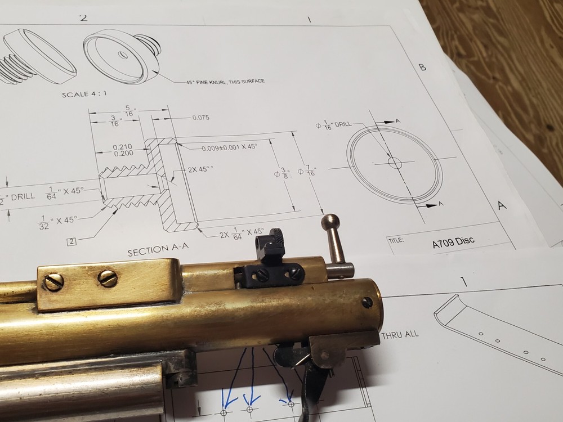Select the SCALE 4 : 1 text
tap(86, 94)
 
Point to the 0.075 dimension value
tap(200, 118)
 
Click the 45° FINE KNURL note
tap(225, 82)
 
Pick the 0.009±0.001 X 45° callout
tap(229, 146)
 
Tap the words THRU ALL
tap(400, 334)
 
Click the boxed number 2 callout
tap(72, 243)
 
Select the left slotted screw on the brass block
tap(53, 281)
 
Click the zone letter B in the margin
tap(422, 68)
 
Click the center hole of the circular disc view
tap(395, 163)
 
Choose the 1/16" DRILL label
tap(337, 124)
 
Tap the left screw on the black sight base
tap(262, 276)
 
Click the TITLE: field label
tap(396, 240)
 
